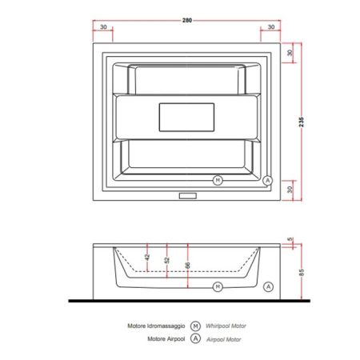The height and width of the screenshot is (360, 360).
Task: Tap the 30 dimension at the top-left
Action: pyautogui.click(x=103, y=27)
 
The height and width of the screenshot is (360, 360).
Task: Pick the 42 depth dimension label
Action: pyautogui.click(x=146, y=257)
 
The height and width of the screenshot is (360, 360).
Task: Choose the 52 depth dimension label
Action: pyautogui.click(x=166, y=260)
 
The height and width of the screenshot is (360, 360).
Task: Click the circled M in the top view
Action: pyautogui.click(x=217, y=179)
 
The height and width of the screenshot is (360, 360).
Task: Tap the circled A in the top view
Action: pyautogui.click(x=268, y=179)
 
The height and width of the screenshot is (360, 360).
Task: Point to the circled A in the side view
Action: pyautogui.click(x=267, y=286)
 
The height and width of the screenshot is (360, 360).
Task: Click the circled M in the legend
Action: pyautogui.click(x=194, y=326)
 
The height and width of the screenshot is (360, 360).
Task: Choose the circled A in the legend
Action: pyautogui.click(x=194, y=338)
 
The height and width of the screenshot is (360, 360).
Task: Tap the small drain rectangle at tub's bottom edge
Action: pyautogui.click(x=188, y=194)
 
